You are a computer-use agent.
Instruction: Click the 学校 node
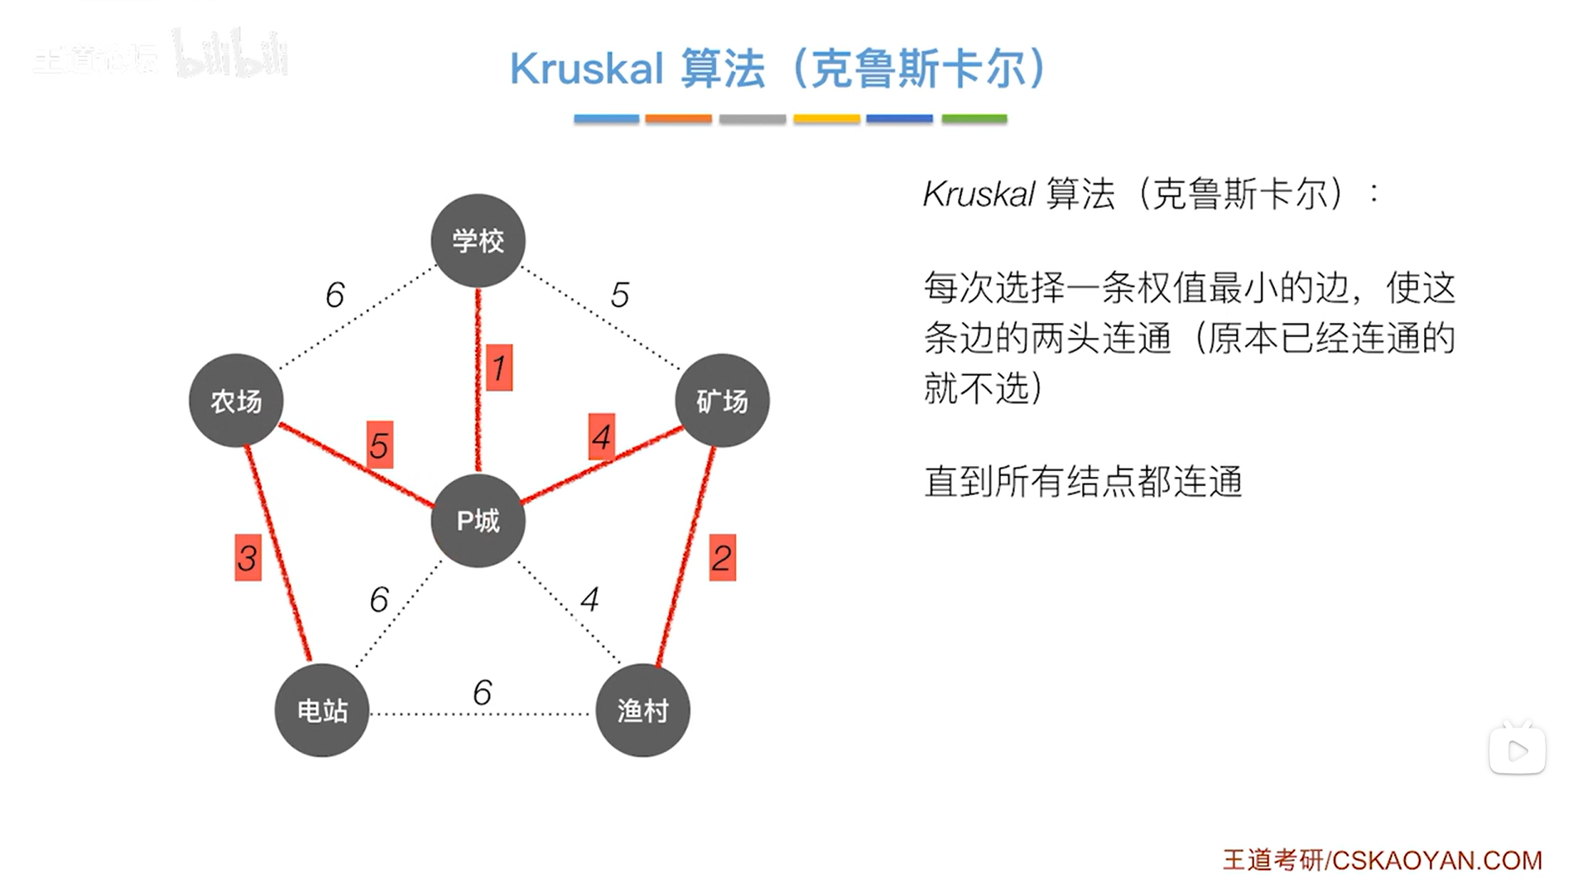[478, 241]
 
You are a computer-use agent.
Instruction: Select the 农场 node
[236, 401]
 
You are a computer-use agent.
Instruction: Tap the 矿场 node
[722, 401]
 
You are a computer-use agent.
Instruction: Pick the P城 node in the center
[478, 521]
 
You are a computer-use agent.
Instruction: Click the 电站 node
[322, 710]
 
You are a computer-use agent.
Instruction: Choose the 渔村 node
[642, 710]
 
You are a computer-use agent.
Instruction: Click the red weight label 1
[498, 368]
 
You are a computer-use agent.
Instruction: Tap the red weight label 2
[722, 558]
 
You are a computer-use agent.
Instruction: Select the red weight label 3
[248, 558]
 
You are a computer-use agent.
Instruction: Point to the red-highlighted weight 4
[602, 437]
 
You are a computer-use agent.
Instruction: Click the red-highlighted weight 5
[379, 445]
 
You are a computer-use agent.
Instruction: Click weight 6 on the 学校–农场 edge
[334, 295]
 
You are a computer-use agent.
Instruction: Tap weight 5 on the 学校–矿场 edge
[620, 295]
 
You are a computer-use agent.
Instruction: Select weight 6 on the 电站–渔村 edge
[482, 692]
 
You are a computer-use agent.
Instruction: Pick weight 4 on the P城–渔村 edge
[589, 599]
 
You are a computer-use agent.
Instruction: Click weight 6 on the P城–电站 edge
[379, 599]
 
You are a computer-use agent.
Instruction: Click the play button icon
[1517, 750]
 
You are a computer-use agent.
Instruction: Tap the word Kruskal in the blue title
[586, 68]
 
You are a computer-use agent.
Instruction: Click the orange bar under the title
[678, 119]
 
